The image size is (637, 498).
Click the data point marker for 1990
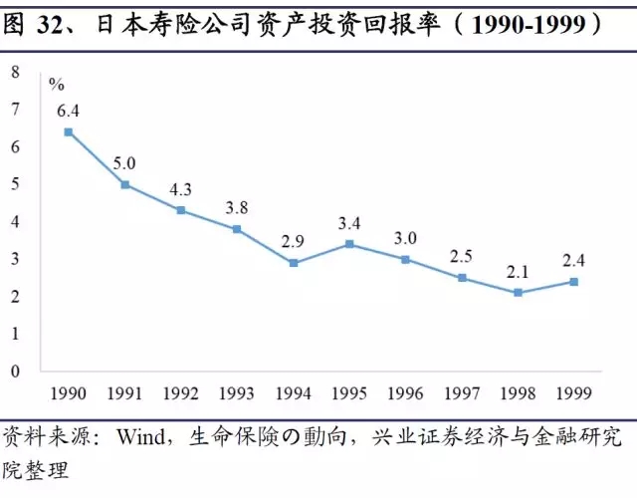click(69, 131)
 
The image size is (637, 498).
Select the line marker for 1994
click(294, 263)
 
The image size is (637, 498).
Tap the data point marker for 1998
click(519, 293)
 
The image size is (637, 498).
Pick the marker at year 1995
click(350, 244)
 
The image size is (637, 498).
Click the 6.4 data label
click(69, 109)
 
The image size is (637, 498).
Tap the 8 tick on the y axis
click(15, 72)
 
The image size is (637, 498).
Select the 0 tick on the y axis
click(15, 371)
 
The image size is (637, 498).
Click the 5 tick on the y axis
click(15, 184)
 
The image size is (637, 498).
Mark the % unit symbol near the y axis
click(57, 84)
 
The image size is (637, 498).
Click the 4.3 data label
click(181, 187)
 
